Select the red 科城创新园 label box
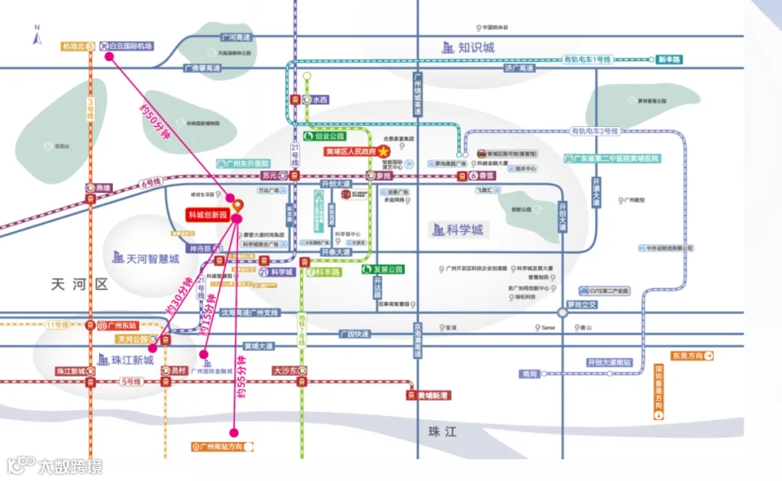[x=207, y=214]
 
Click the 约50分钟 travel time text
[x=154, y=119]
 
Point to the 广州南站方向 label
[x=222, y=446]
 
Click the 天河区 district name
[x=76, y=284]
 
